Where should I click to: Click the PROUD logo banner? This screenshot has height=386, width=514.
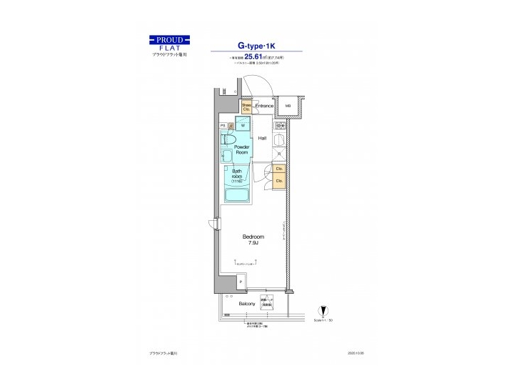(170, 39)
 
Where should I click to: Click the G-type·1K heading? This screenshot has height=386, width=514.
(256, 43)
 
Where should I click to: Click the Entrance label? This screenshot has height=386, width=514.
(265, 107)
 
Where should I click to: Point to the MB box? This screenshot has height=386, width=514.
(288, 107)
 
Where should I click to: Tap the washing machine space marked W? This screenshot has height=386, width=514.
(242, 125)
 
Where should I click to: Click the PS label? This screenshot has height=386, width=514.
(223, 126)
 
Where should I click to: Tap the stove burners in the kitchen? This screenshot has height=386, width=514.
(281, 126)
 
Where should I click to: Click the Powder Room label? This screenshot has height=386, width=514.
(241, 149)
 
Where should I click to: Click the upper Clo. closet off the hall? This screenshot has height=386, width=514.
(278, 169)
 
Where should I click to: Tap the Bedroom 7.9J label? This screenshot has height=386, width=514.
(253, 239)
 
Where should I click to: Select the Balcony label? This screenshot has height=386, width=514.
(247, 304)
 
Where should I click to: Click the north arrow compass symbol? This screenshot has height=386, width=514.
(323, 312)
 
